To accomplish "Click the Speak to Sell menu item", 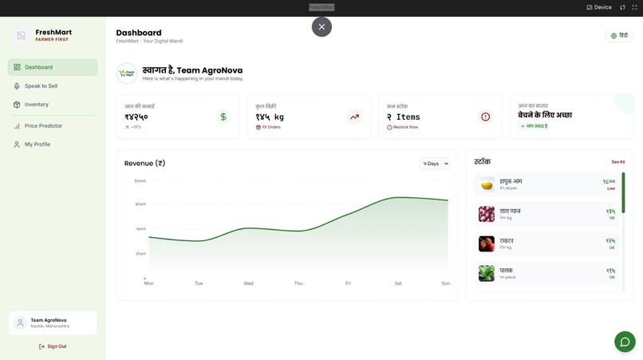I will (41, 86).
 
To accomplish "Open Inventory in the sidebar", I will (36, 105).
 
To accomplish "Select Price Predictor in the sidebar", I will (43, 126).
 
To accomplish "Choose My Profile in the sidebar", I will (37, 144).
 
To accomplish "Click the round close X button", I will (321, 26).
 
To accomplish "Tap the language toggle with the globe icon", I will (619, 36).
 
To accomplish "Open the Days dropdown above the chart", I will (435, 164).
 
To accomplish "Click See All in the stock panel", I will (618, 162).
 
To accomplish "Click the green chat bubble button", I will (625, 342).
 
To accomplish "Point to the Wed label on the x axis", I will (248, 283).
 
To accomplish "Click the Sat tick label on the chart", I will (398, 283).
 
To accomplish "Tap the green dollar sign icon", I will (223, 117).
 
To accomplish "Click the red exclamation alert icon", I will (485, 117).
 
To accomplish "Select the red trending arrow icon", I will (354, 117).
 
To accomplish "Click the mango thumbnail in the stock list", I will (487, 184).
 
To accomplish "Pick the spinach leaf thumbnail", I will (487, 273).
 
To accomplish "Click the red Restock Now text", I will (405, 127).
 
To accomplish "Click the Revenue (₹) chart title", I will (144, 164).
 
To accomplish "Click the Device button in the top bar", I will (599, 7).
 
